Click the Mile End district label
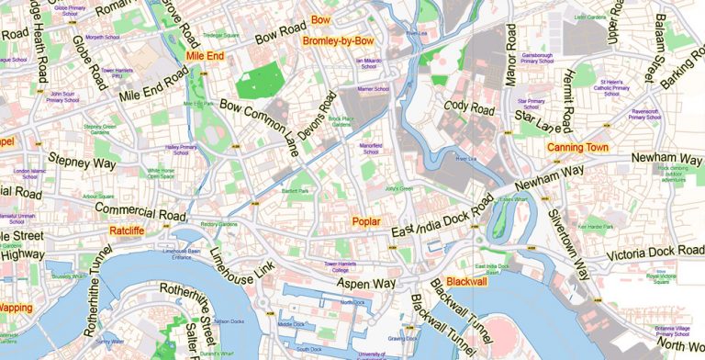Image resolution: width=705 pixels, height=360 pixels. pos(205,56)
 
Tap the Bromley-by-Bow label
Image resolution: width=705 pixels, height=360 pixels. pos(338,41)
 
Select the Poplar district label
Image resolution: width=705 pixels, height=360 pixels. pos(365,221)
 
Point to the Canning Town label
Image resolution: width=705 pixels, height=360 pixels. pos(577,147)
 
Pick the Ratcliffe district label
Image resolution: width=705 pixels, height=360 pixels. pos(128,230)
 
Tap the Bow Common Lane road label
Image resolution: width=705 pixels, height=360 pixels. pos(259,129)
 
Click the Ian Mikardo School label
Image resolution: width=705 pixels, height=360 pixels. pos(368,63)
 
